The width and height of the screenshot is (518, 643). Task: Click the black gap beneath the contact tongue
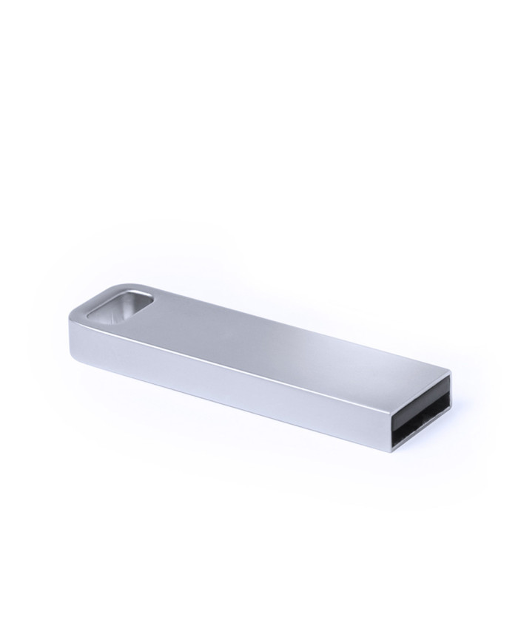tap(422, 431)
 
